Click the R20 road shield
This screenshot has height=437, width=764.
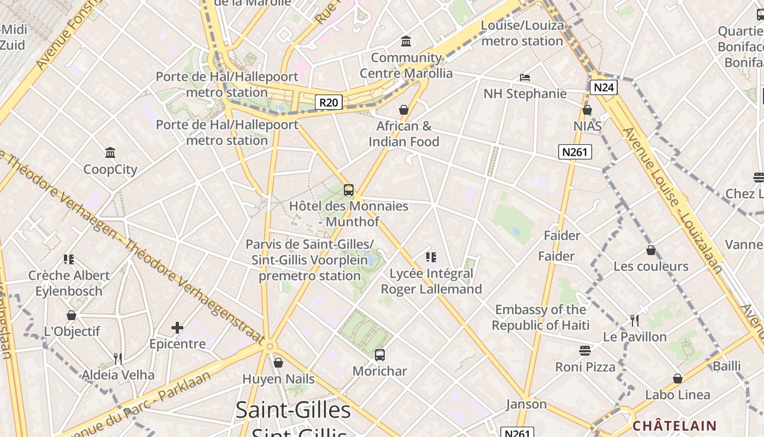(x=329, y=102)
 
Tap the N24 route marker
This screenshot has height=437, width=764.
(x=603, y=87)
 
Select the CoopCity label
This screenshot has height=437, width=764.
(x=110, y=169)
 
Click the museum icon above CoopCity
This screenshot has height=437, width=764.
(x=110, y=152)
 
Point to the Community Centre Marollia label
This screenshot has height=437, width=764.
(x=406, y=65)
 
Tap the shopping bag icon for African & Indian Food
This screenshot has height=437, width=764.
(x=404, y=110)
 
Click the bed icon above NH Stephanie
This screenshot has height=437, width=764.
(x=525, y=78)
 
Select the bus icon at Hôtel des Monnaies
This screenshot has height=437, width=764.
(x=349, y=190)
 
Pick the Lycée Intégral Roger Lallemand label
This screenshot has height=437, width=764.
(x=431, y=281)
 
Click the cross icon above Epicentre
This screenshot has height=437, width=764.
(x=177, y=328)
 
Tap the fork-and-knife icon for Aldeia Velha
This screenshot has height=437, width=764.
(x=118, y=358)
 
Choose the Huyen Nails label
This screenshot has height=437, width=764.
(x=278, y=379)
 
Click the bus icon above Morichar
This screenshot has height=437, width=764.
(x=380, y=355)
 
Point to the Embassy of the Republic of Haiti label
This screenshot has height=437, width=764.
(x=540, y=317)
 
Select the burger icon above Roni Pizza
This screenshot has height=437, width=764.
(x=585, y=350)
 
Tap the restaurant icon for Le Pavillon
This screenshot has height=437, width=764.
(x=635, y=320)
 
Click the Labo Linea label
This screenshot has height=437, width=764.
(x=678, y=394)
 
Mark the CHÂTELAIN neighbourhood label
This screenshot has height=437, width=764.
(x=675, y=426)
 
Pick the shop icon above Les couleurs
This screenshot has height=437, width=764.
(x=651, y=250)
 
